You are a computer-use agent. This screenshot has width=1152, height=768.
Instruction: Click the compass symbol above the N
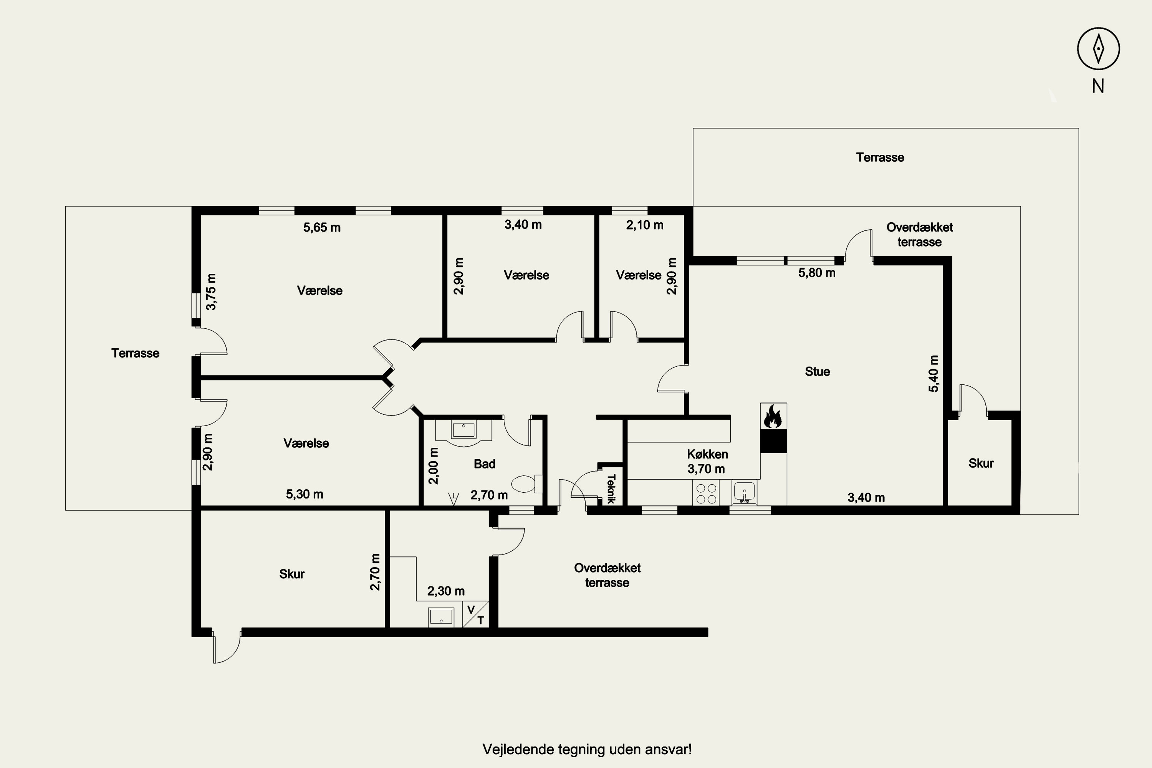pos(1098,48)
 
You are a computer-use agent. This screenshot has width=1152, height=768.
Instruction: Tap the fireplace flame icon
pos(773,416)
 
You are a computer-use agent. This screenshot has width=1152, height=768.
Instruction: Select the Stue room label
pos(818,371)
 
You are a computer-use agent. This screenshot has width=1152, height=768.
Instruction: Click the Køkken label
pos(707,454)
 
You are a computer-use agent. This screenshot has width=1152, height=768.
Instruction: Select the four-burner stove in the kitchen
pos(706,493)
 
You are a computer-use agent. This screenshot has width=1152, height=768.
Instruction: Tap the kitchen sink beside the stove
pos(745,492)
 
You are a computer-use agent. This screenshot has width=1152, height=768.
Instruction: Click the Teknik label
pos(611,488)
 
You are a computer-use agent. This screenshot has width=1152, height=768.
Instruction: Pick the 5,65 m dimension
pos(322,227)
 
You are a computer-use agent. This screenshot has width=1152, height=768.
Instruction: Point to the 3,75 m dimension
pos(211,291)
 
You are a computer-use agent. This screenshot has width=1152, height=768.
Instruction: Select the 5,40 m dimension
pos(934,373)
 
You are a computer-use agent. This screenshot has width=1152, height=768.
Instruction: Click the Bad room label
pos(484,464)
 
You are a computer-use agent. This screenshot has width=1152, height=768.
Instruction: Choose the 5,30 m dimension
pos(305,494)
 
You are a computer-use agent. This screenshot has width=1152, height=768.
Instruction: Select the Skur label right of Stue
pos(981,463)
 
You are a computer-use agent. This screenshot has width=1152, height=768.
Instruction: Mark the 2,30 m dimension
pos(446,591)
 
